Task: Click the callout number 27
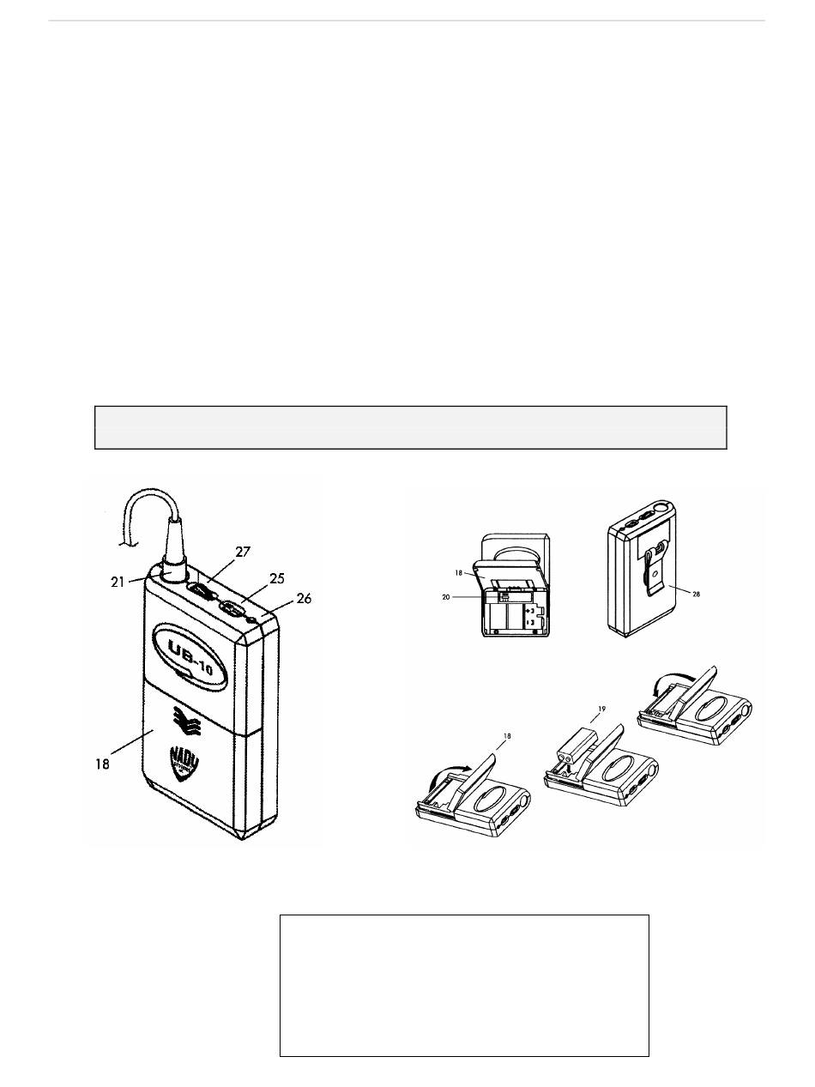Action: [243, 552]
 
